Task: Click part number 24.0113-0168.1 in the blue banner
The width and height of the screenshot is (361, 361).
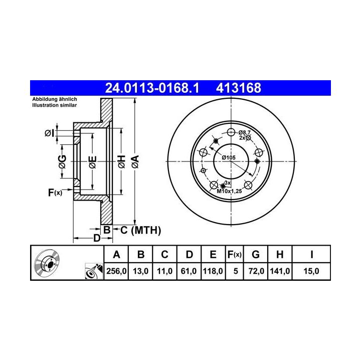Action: click(x=152, y=88)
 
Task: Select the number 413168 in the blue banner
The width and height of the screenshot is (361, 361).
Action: click(x=239, y=88)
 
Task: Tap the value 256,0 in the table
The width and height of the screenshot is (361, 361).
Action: click(x=116, y=271)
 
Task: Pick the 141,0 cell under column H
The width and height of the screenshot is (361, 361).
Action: click(x=280, y=271)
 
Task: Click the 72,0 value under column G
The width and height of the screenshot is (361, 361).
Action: click(x=256, y=271)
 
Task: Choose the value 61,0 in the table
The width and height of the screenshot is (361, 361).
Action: click(x=189, y=271)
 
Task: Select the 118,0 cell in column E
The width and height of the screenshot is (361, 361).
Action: click(x=213, y=271)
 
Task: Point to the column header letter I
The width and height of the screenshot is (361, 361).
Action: click(x=311, y=255)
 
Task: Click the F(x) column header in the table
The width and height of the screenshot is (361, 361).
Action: click(x=234, y=255)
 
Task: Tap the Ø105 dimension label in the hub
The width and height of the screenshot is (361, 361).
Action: click(x=229, y=157)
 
